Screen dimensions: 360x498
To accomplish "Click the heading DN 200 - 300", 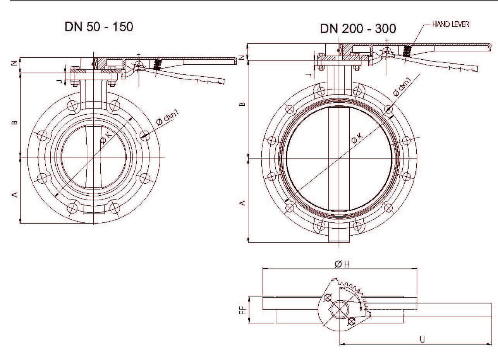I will (x=358, y=29).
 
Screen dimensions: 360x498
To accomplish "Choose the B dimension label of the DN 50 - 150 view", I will (x=15, y=123).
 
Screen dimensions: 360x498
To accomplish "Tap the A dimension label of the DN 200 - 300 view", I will (x=243, y=203).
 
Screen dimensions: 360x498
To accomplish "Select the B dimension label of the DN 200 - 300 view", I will (x=243, y=104).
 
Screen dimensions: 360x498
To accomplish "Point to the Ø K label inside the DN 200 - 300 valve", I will (x=357, y=138).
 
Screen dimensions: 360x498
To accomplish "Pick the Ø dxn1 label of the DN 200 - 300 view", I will (x=402, y=88).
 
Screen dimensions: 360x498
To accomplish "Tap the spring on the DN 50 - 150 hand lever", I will (x=157, y=65).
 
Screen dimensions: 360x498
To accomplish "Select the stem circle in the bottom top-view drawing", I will (x=340, y=310).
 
